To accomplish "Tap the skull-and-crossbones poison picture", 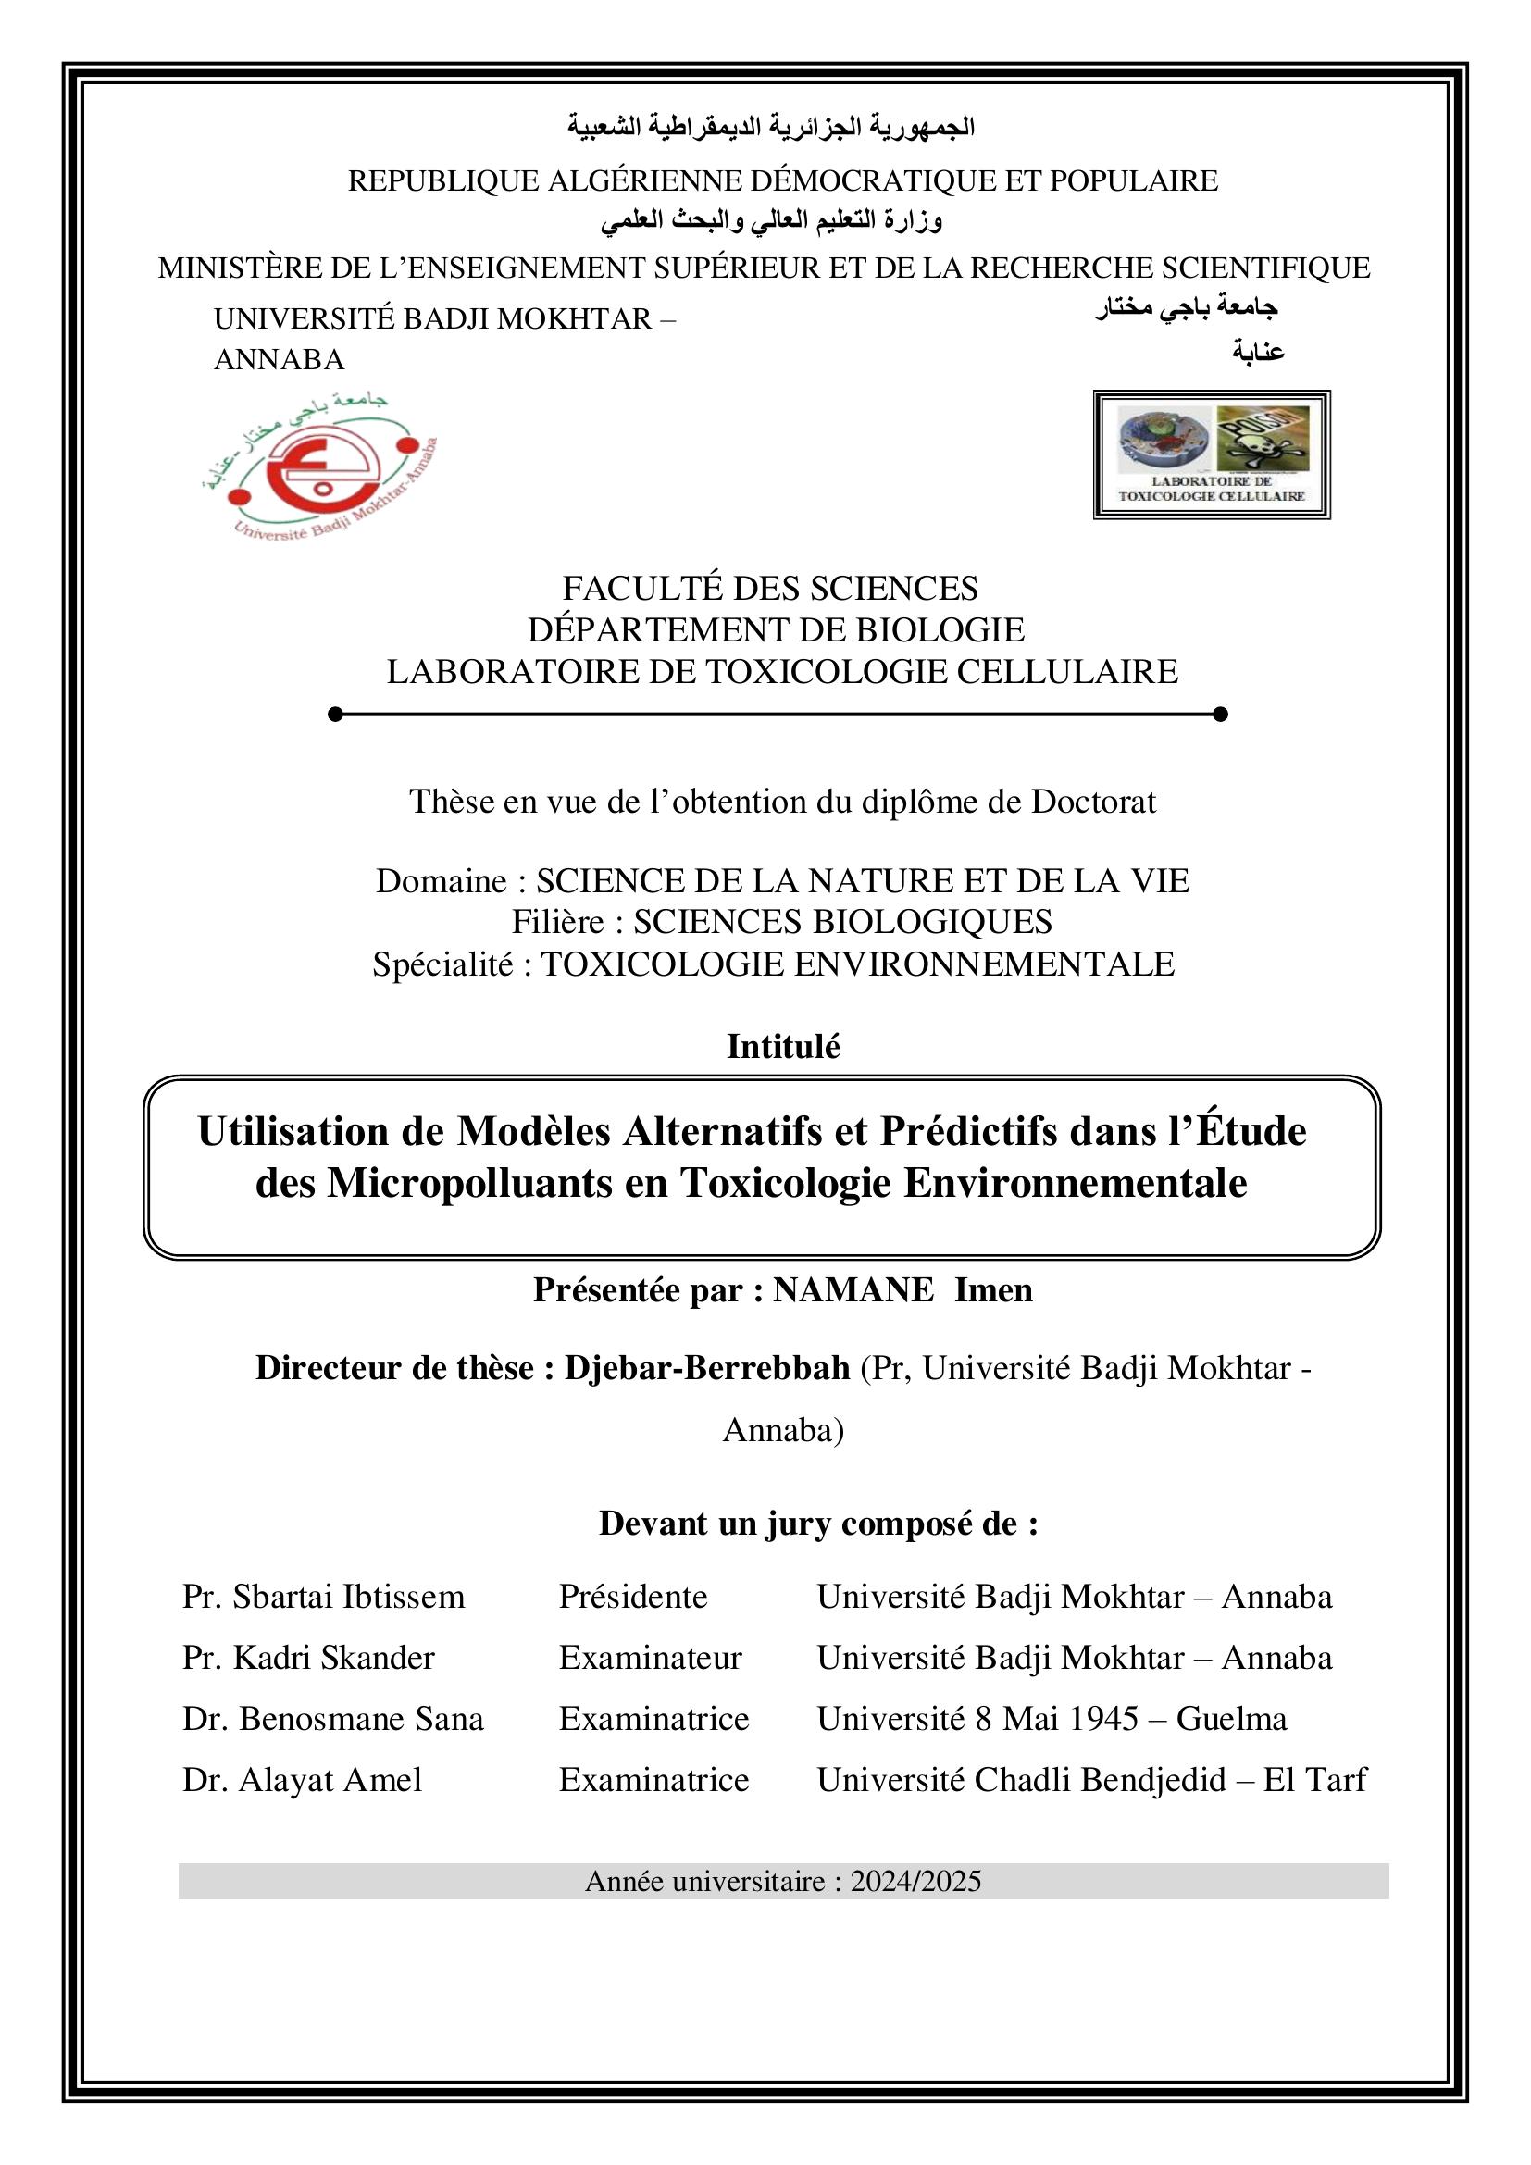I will (1263, 439).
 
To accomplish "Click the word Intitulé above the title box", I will (782, 1047).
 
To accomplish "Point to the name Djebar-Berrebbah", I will (707, 1367).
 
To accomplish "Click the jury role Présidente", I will (632, 1597).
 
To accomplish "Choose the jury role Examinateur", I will (651, 1658).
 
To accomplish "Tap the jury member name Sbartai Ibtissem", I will (349, 1597).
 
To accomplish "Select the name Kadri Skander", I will (334, 1658).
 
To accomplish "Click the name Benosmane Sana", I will (361, 1719).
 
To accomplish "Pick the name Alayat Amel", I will (330, 1779).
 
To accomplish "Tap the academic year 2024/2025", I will (915, 1881).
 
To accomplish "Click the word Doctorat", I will (1092, 802).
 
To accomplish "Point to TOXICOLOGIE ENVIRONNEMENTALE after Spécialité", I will (857, 964).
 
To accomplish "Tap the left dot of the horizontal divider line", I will (335, 714).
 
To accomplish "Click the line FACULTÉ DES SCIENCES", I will (770, 589).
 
